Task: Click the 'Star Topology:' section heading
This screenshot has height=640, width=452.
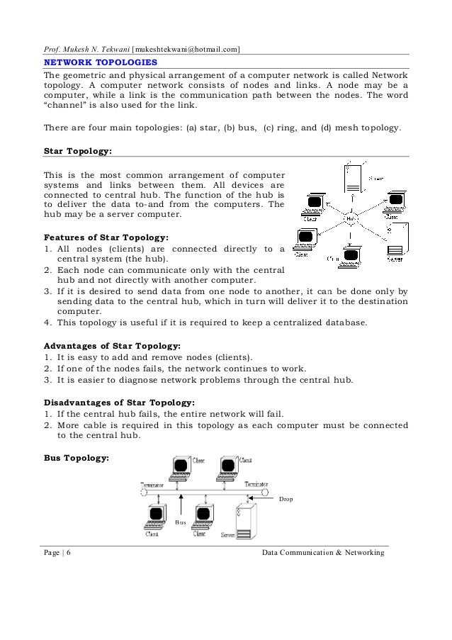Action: pyautogui.click(x=78, y=151)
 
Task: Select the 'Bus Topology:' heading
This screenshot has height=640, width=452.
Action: pyautogui.click(x=77, y=456)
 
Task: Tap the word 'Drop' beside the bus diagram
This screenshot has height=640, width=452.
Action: pyautogui.click(x=286, y=500)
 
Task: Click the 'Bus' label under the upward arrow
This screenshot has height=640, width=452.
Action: pyautogui.click(x=182, y=522)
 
